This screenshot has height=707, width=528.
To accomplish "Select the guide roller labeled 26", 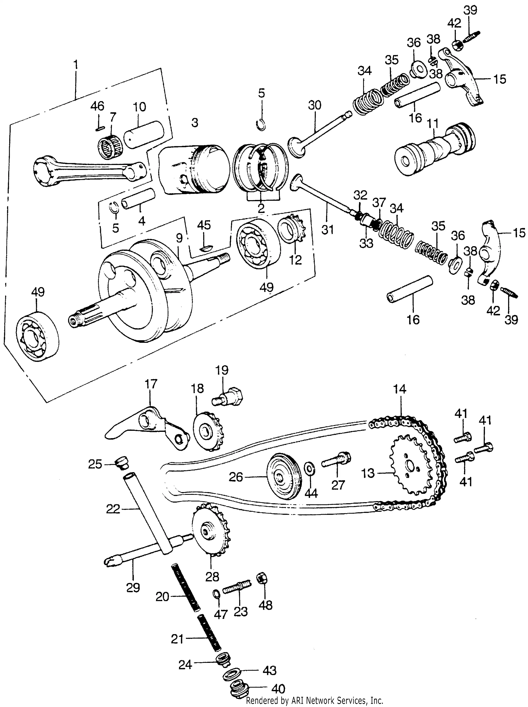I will point(284,478).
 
